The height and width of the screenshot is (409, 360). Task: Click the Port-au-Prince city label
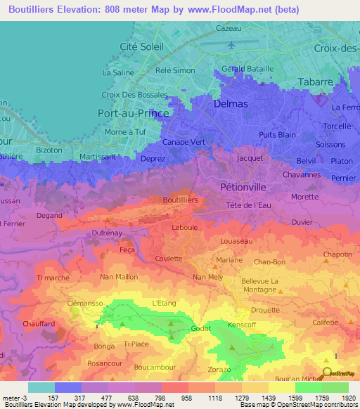click(131, 112)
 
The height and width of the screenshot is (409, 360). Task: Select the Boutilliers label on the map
click(180, 200)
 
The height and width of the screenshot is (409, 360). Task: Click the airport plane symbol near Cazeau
click(231, 46)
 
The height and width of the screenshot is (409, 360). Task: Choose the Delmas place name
click(230, 103)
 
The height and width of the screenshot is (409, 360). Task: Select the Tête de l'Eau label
click(248, 204)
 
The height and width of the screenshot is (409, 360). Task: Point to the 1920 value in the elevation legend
click(346, 398)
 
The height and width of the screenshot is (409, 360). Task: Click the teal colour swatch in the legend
click(41, 387)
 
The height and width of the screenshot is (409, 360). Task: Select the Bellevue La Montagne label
click(260, 285)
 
